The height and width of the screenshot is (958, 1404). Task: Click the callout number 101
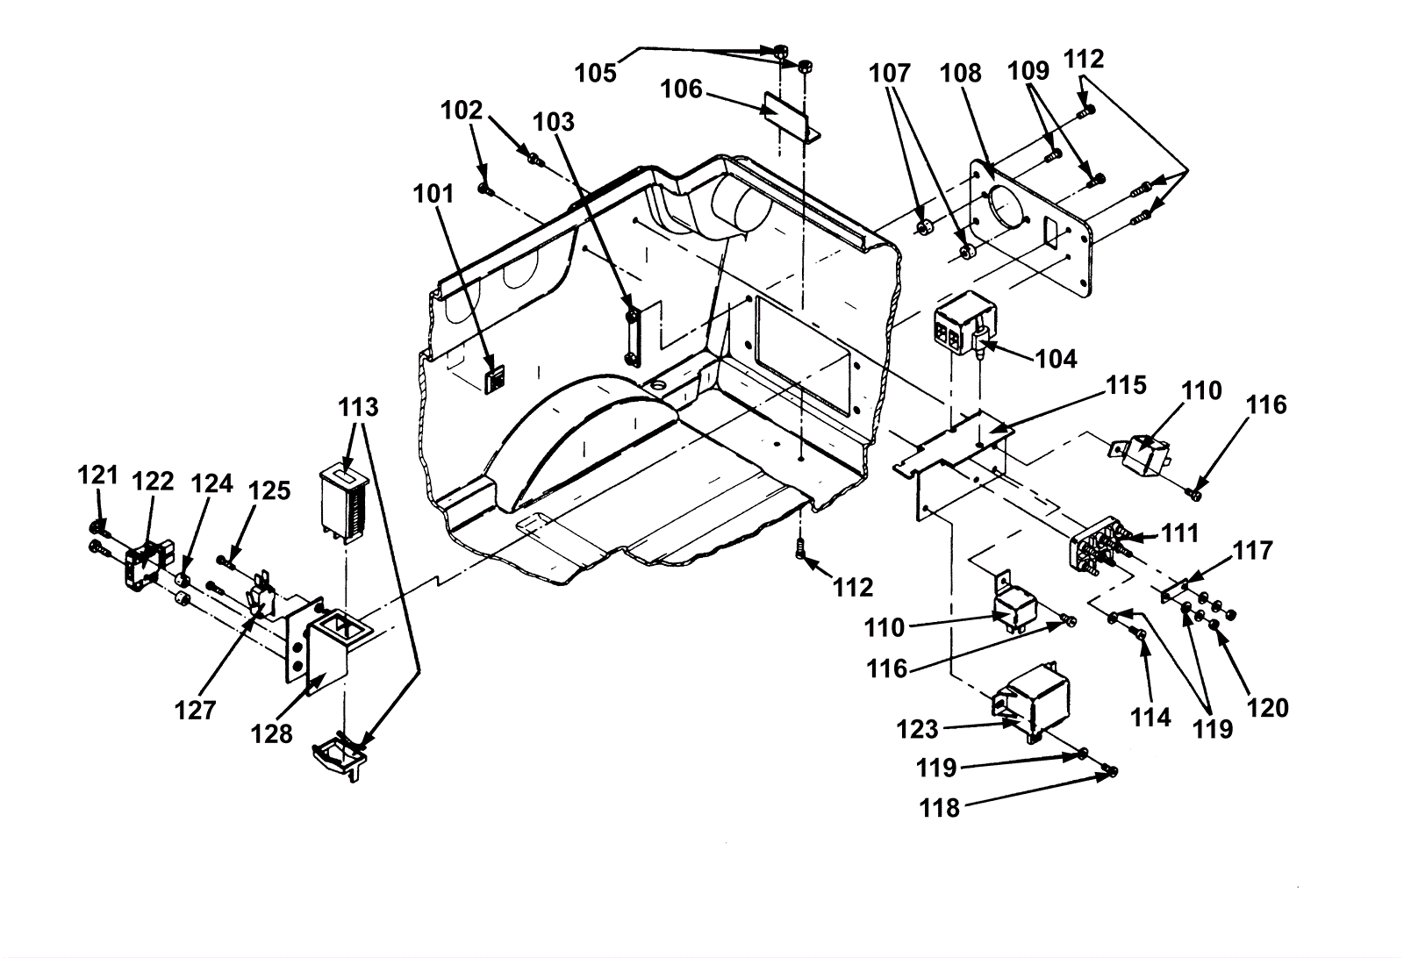pyautogui.click(x=433, y=194)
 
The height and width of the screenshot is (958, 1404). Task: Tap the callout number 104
pyautogui.click(x=1056, y=359)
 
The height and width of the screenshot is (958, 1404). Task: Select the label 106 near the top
pyautogui.click(x=681, y=89)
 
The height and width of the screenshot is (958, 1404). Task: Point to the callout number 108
pyautogui.click(x=960, y=74)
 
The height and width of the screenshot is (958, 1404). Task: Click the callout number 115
pyautogui.click(x=1126, y=385)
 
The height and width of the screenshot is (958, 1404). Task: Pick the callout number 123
pyautogui.click(x=918, y=729)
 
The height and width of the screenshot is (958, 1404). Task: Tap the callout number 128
pyautogui.click(x=271, y=733)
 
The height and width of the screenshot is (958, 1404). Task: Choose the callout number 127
pyautogui.click(x=195, y=711)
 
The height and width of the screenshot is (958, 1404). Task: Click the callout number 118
pyautogui.click(x=940, y=808)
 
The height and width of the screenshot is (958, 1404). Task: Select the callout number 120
pyautogui.click(x=1267, y=708)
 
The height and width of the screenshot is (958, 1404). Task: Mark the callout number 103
pyautogui.click(x=554, y=122)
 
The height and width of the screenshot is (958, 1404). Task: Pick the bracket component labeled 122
pyautogui.click(x=149, y=567)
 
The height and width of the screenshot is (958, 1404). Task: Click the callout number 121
pyautogui.click(x=97, y=475)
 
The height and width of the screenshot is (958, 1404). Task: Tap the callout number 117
pyautogui.click(x=1253, y=551)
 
